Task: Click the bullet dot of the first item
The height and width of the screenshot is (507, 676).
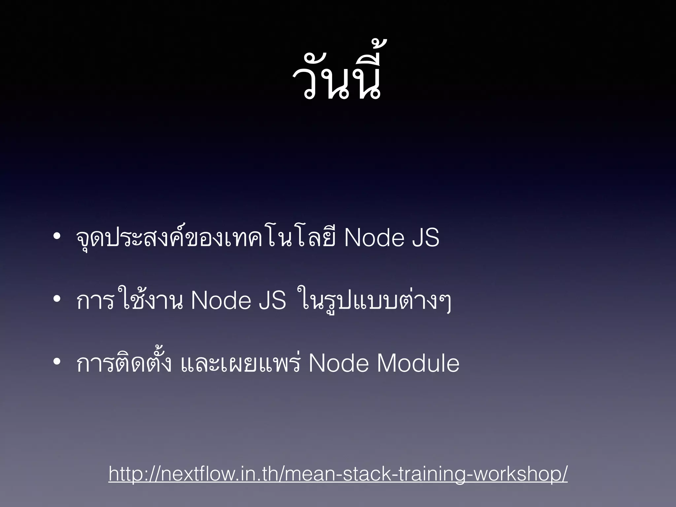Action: [x=57, y=236]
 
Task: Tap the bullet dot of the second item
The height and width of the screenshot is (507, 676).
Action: [x=57, y=299]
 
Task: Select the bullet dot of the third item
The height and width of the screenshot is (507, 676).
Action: [x=57, y=362]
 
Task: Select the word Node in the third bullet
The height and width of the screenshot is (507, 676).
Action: [x=338, y=363]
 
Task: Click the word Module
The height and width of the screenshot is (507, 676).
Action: [x=418, y=363]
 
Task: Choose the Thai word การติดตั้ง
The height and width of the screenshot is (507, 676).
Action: [x=124, y=363]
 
